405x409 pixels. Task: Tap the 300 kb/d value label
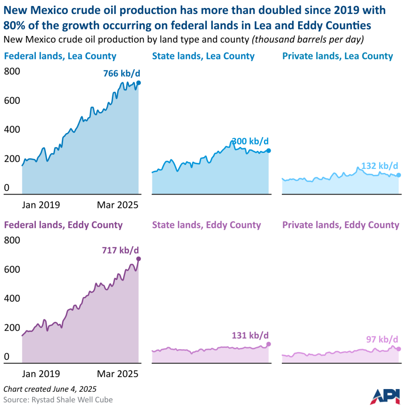pos(250,141)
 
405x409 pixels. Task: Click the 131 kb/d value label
pos(250,335)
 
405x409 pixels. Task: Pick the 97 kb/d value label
pos(381,340)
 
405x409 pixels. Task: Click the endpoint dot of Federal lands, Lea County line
pos(139,83)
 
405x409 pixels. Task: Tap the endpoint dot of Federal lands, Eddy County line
pos(139,259)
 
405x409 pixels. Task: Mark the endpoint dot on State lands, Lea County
pos(269,151)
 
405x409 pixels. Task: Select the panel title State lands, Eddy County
pos(206,225)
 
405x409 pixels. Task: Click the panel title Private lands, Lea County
pos(337,56)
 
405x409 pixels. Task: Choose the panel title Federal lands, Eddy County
pos(63,225)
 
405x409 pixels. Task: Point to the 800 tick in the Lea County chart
pos(12,71)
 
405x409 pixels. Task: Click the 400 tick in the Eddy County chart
pos(12,298)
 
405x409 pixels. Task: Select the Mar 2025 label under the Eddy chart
pos(117,374)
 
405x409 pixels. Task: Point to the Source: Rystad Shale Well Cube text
pos(58,399)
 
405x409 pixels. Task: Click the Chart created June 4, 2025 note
pos(50,389)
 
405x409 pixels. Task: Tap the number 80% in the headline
pos(15,25)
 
